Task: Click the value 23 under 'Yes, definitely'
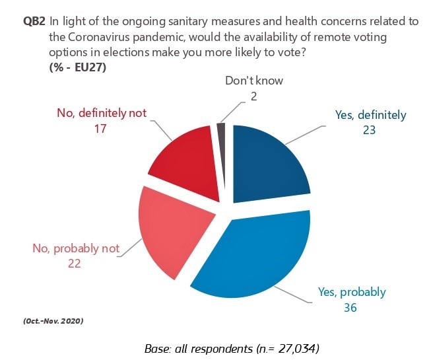[x=368, y=129]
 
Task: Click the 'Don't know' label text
[x=254, y=81]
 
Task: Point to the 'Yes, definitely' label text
[x=370, y=114]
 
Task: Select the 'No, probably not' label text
[x=76, y=248]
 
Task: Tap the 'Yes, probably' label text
[x=352, y=291]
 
